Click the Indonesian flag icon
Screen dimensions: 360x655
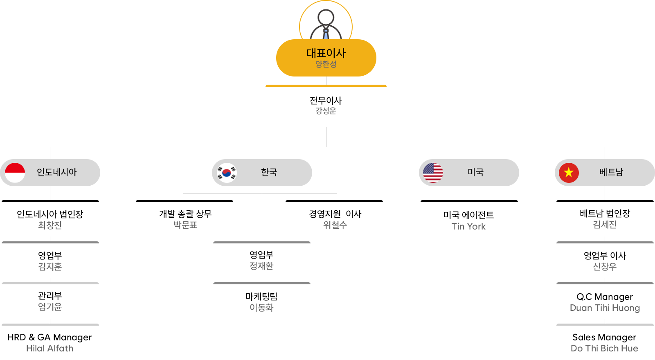pos(15,173)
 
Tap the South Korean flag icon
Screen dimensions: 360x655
pos(227,173)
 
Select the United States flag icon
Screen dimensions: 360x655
pos(433,173)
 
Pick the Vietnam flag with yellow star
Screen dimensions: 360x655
pos(569,173)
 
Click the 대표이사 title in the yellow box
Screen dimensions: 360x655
pos(326,53)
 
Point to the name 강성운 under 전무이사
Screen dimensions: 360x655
pos(326,111)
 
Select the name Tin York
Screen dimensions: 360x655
pos(468,227)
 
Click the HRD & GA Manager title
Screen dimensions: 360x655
pos(50,337)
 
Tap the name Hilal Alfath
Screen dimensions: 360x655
pos(50,349)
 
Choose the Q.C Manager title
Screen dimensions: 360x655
pos(605,297)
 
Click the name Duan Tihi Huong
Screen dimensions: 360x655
pos(605,308)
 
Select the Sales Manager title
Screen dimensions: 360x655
pos(604,337)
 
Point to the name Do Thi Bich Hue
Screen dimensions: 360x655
pos(604,349)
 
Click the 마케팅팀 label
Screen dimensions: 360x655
pos(261,297)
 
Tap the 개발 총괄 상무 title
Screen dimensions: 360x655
pos(185,214)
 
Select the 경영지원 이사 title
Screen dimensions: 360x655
pos(335,214)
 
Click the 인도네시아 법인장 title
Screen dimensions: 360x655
pos(50,214)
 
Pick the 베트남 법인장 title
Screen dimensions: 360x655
pos(605,214)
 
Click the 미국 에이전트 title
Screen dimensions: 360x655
pos(468,215)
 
